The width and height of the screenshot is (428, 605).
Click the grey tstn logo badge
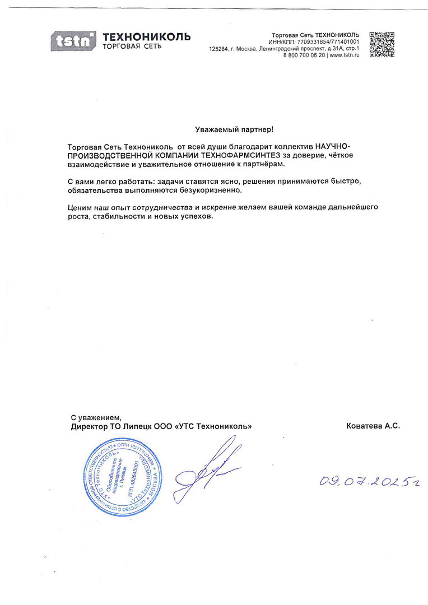click(73, 41)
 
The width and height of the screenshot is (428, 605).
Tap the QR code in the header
click(382, 44)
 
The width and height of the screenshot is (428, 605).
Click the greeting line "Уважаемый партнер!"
click(231, 129)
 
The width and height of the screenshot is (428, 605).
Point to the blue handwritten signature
click(207, 470)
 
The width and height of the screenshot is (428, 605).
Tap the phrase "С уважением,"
click(96, 417)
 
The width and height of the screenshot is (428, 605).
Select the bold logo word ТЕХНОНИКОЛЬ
click(147, 36)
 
